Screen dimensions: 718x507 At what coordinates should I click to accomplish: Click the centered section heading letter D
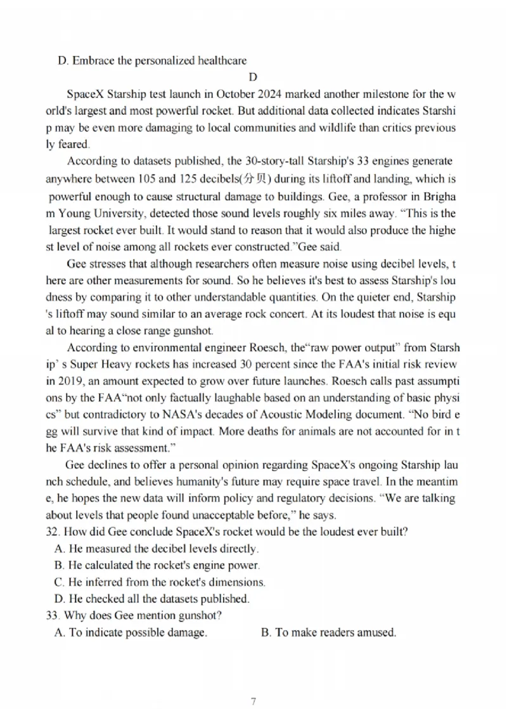(253, 77)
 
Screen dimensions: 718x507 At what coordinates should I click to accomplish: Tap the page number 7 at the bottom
(253, 701)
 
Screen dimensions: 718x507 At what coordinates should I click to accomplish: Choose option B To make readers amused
(328, 632)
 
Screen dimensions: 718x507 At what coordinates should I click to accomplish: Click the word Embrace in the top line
(93, 61)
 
